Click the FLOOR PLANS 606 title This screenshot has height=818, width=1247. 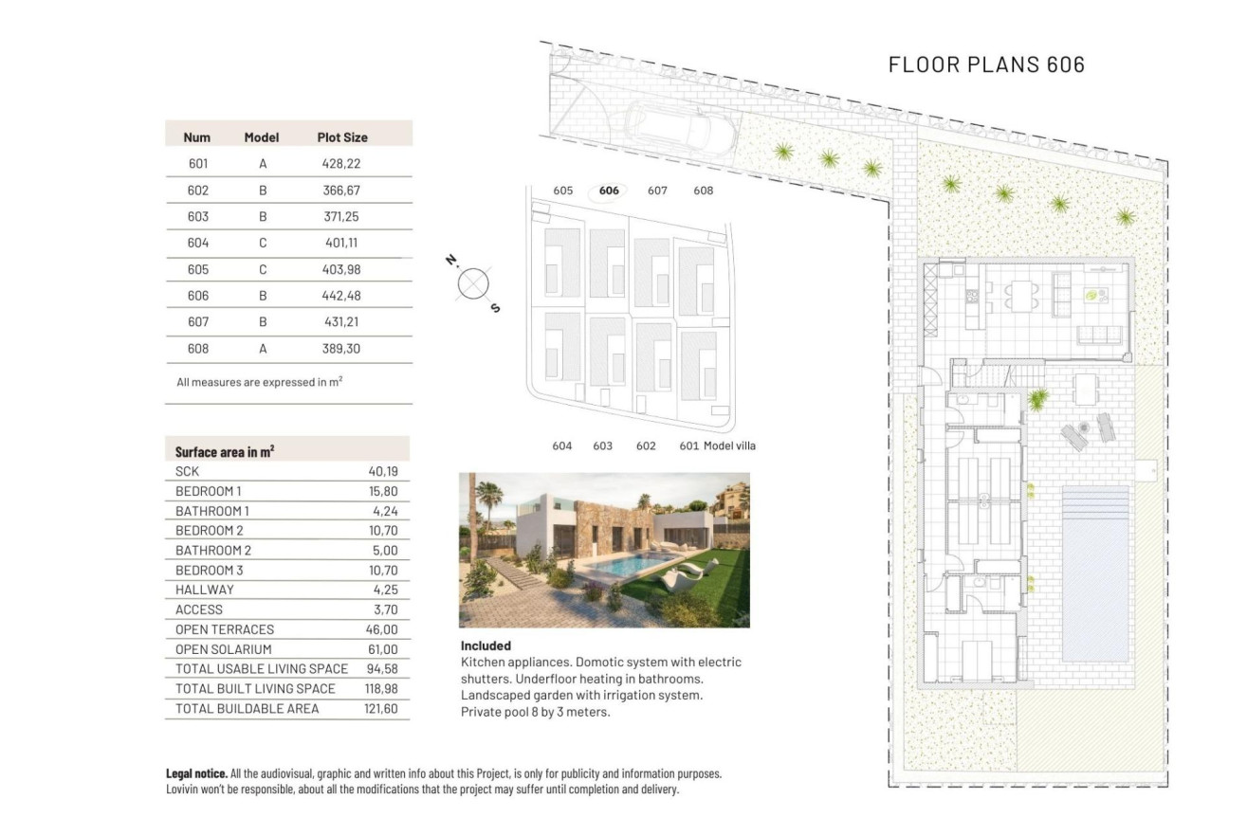click(986, 64)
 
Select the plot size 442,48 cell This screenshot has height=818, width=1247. click(341, 296)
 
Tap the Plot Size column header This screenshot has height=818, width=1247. click(341, 137)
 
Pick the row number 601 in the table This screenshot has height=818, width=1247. click(198, 164)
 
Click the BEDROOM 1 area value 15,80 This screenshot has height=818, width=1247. click(382, 491)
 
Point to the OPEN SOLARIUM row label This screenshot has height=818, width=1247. click(224, 649)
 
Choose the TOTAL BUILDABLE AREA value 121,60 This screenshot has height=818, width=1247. click(381, 708)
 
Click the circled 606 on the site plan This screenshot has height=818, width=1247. click(609, 191)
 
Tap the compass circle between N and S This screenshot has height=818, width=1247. click(472, 283)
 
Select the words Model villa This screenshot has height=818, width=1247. click(729, 445)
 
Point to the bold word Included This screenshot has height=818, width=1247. click(486, 645)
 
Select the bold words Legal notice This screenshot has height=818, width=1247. click(196, 774)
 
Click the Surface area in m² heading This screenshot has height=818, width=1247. click(225, 451)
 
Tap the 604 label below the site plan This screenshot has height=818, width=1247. click(561, 445)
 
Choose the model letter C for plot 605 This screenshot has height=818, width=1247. click(263, 270)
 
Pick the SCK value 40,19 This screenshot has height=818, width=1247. click(382, 471)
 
